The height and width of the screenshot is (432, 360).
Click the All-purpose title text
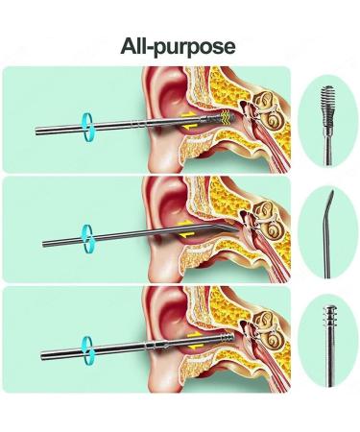click(179, 45)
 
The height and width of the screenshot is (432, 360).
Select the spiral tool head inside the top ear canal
click(227, 116)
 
